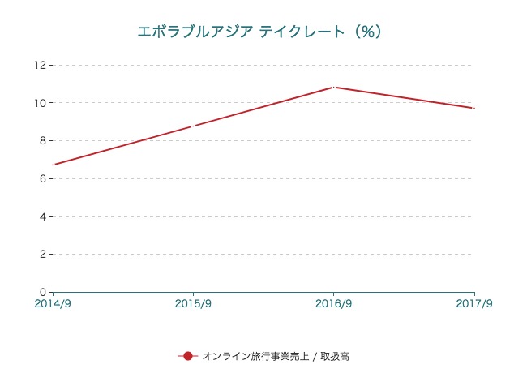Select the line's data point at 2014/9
point(53,165)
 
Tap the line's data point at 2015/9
point(193,126)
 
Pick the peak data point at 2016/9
point(333,87)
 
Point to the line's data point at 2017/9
point(473,108)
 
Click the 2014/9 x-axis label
point(53,304)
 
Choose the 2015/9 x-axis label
point(193,304)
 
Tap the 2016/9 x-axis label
point(333,304)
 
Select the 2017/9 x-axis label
point(474,304)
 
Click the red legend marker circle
point(187,356)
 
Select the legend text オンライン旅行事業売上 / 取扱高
point(275,356)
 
